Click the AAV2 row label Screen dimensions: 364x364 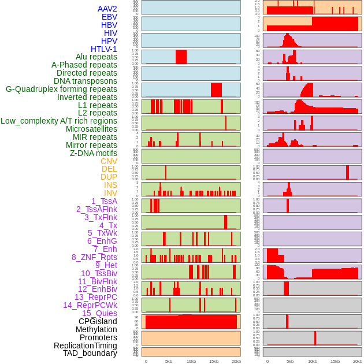point(107,9)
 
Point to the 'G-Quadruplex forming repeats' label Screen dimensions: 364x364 point(61,89)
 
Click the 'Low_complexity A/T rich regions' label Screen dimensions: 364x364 point(59,121)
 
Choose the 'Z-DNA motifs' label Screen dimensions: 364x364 point(93,153)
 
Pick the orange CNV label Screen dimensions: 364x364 point(109,161)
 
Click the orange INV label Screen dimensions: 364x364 point(110,193)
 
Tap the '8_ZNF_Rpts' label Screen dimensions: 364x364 point(94,257)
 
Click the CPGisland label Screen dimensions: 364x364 point(98,321)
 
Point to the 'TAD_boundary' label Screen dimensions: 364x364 point(90,353)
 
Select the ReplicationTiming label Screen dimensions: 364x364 point(86,346)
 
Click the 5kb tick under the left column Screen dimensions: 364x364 point(169,361)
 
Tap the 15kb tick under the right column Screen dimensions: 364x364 point(335,361)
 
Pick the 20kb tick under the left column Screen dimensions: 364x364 point(236,361)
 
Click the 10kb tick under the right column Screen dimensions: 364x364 point(312,361)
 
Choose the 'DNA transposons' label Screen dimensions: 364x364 point(86,81)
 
